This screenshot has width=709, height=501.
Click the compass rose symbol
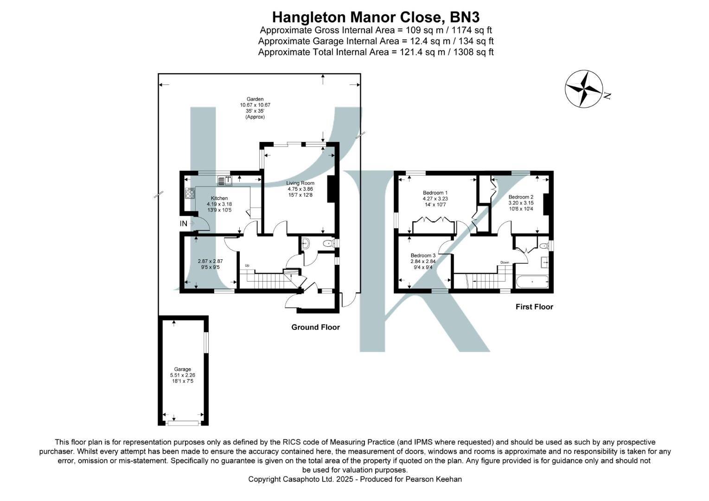point(583,89)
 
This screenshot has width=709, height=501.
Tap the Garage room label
point(182,369)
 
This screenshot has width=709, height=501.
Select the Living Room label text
point(300,183)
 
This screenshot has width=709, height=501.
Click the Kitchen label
point(219,198)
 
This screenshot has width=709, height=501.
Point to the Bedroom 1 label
point(435,193)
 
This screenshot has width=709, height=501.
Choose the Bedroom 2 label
point(521,197)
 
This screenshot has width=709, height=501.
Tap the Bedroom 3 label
point(423,255)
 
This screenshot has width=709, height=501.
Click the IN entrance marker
point(184,224)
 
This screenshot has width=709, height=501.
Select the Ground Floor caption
point(315,327)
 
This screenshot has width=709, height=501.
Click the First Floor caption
point(534,307)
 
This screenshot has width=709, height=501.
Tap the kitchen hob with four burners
point(190,193)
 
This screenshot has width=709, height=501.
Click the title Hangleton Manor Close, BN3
point(376,17)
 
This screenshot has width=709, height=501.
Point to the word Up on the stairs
point(247,265)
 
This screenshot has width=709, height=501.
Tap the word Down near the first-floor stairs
point(505,263)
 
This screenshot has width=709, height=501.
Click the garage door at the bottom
point(183,423)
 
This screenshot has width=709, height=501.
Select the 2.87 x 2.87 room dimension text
point(210,261)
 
